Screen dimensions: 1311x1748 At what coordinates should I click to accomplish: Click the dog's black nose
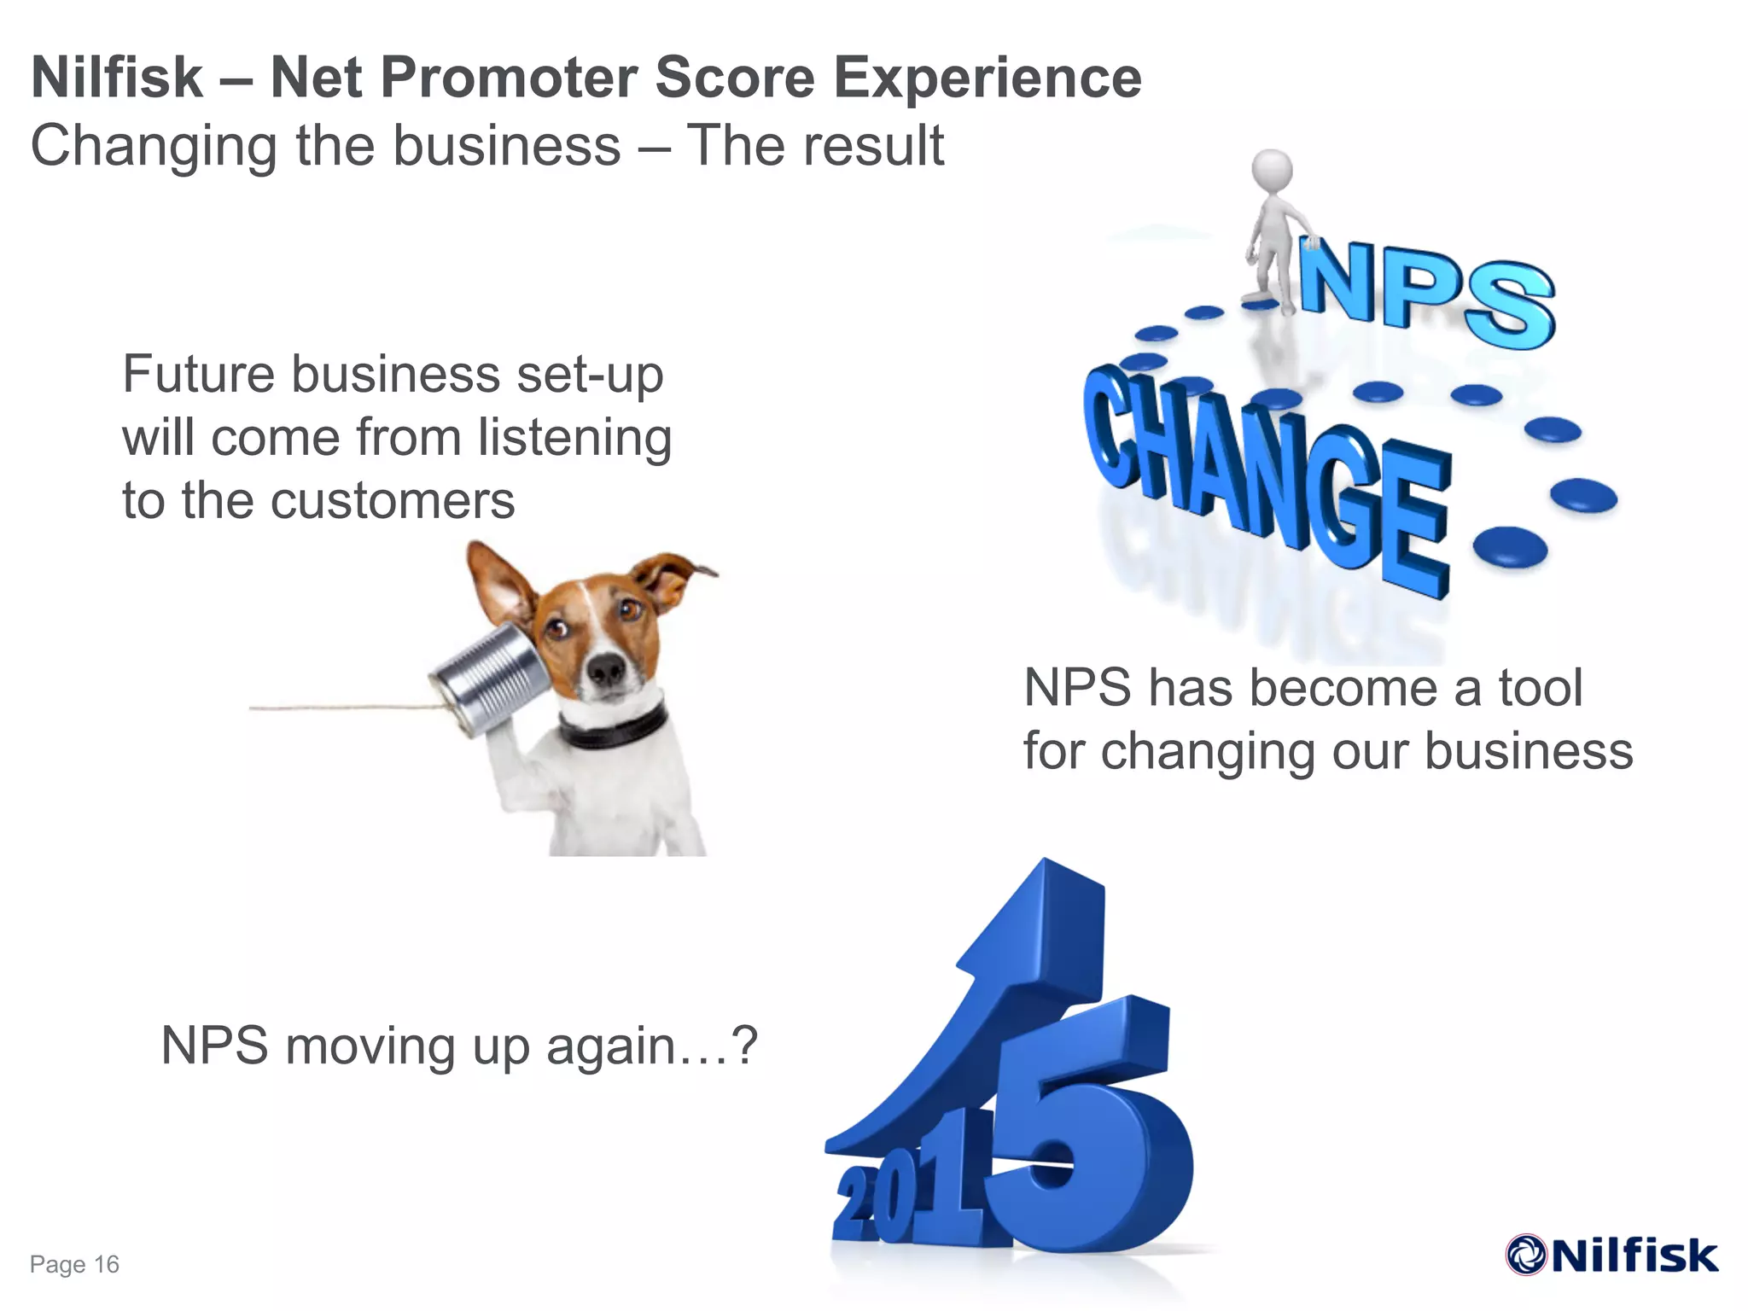(x=607, y=670)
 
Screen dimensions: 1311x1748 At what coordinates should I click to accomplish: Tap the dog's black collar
(x=615, y=726)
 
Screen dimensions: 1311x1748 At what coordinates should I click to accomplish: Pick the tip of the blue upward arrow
(x=1046, y=871)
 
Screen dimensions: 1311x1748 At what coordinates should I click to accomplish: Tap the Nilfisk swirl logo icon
(x=1526, y=1255)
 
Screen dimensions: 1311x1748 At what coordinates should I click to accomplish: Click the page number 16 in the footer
(x=106, y=1264)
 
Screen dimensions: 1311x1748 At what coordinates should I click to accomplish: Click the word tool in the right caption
(x=1541, y=688)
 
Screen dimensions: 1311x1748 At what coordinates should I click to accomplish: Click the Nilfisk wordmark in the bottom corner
(x=1634, y=1256)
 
